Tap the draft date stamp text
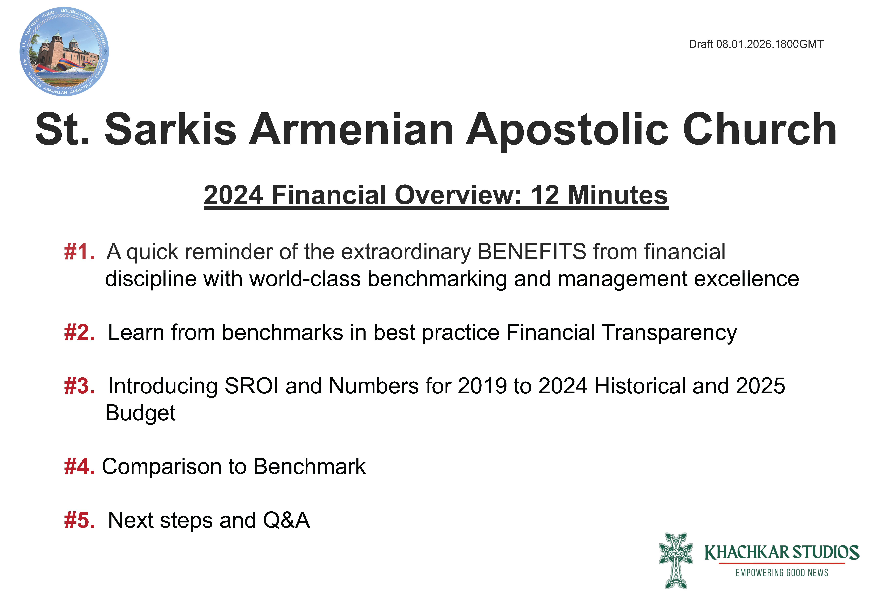[x=756, y=44]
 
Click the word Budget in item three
[x=140, y=413]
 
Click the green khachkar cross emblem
[x=676, y=561]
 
